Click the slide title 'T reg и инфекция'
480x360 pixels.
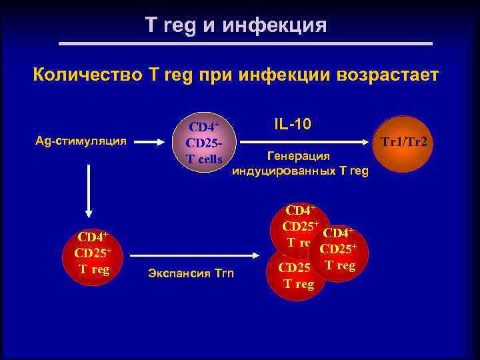click(236, 26)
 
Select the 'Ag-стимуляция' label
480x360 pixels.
click(85, 141)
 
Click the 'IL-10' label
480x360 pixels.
click(292, 125)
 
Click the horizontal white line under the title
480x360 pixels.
click(246, 44)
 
